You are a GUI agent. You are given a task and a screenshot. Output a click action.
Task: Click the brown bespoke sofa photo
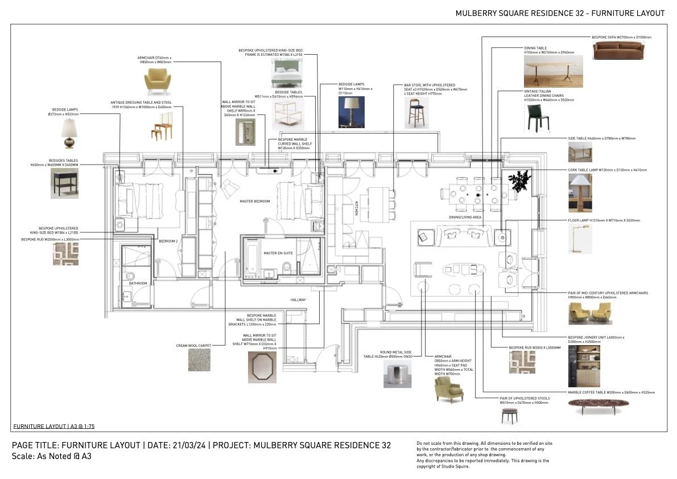point(617,51)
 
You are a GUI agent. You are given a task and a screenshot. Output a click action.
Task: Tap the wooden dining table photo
point(545,72)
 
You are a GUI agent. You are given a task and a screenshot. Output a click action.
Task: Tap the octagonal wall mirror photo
point(262,367)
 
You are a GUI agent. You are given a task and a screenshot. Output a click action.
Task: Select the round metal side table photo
point(397,373)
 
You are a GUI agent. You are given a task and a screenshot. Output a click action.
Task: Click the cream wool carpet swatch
point(199,360)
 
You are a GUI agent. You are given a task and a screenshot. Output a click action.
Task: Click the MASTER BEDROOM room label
point(254,201)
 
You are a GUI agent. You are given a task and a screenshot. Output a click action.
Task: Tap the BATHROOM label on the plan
point(138,283)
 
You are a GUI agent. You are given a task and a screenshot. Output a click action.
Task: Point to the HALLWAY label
point(298,300)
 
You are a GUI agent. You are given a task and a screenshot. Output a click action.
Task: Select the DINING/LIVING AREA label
point(465,217)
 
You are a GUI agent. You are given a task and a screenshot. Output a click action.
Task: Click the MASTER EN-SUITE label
point(278,253)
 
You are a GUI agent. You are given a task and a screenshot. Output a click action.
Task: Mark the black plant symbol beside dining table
point(520,181)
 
